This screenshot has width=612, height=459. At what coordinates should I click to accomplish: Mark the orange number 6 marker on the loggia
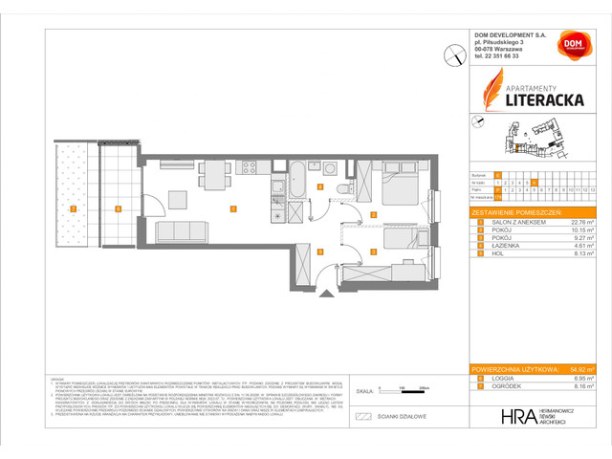point(117,208)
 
